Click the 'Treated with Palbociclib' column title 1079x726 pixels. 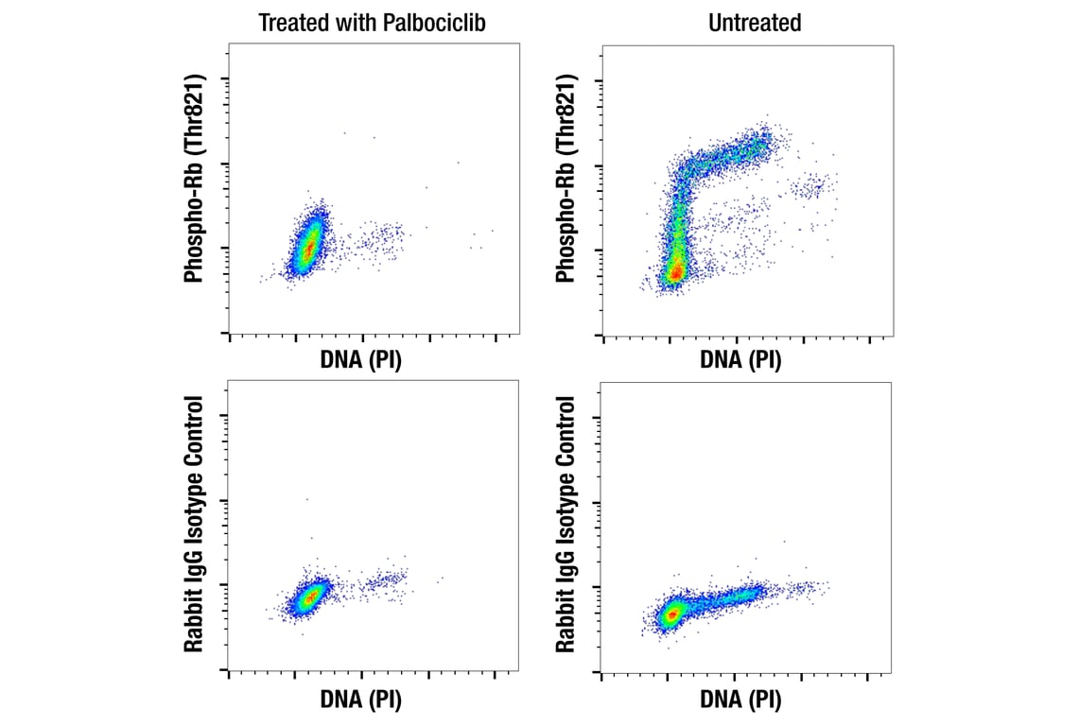coord(372,23)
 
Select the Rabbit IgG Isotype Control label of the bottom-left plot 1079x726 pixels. coord(196,526)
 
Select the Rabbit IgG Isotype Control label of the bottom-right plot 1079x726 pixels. coord(566,526)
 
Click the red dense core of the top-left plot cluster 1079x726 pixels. coord(307,249)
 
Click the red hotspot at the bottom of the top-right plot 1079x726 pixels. coord(675,271)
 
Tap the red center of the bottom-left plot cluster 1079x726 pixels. coord(310,597)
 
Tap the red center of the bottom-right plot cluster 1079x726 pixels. coord(671,614)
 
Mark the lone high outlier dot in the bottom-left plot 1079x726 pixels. coord(305,499)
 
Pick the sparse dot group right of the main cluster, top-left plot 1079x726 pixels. coord(375,241)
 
